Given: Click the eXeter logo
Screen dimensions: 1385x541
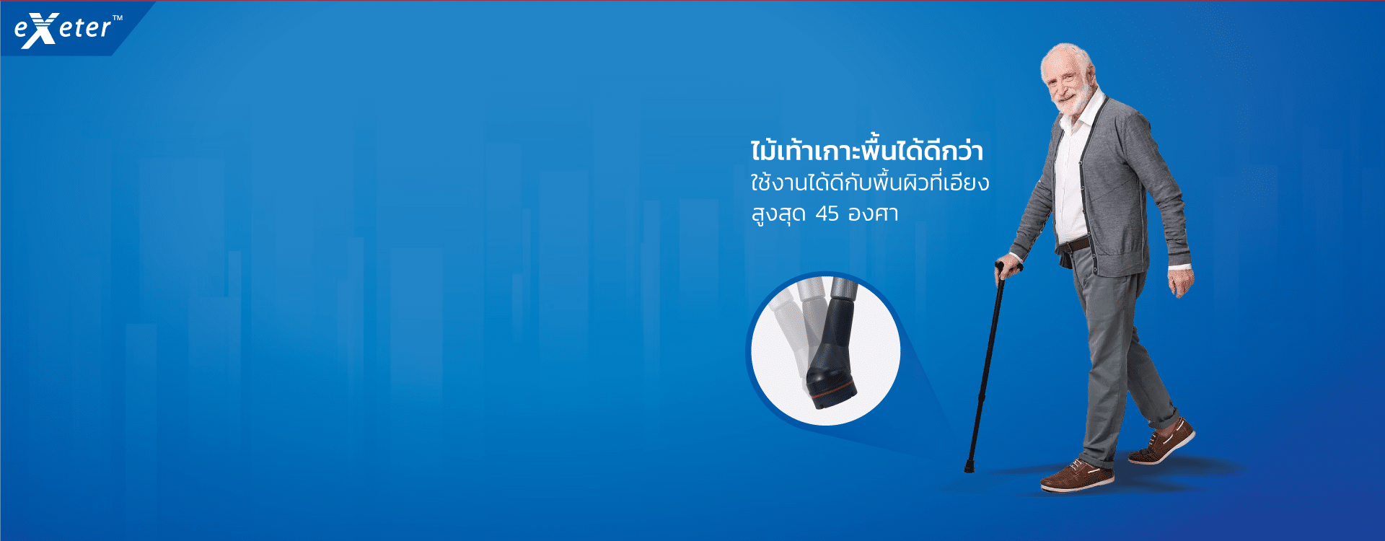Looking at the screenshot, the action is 63,30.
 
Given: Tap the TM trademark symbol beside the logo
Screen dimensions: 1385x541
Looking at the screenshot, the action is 118,18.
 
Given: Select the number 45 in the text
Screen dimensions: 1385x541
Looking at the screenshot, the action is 827,214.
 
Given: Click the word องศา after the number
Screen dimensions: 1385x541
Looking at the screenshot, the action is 873,214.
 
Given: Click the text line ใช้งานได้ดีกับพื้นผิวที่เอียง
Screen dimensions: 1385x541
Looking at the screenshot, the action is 869,181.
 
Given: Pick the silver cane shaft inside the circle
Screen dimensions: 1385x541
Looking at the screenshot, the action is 843,287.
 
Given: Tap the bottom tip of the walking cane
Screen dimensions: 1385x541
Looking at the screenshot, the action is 969,468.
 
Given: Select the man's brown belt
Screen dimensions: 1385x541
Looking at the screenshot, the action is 1073,244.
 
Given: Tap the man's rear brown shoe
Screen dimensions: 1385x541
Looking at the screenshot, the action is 1162,441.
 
